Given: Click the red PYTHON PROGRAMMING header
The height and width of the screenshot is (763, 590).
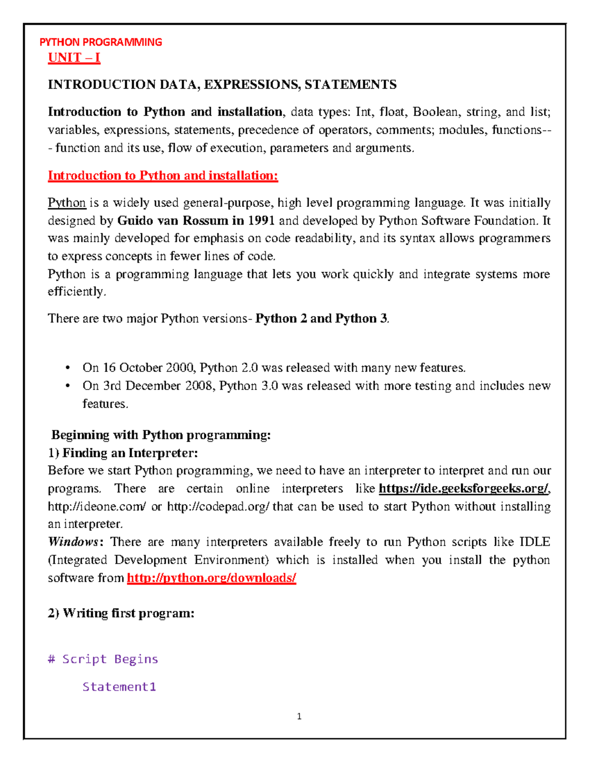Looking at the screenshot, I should pos(101,42).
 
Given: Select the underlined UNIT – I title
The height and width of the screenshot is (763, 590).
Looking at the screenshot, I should pos(74,57).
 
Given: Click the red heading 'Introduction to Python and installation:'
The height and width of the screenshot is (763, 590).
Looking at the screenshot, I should pos(163,176).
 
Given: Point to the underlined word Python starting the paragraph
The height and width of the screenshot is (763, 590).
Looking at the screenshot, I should pos(67,203).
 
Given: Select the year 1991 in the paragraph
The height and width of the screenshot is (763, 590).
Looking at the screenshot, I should pos(261,221).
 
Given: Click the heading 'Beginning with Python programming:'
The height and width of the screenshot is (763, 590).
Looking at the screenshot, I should pos(161,435).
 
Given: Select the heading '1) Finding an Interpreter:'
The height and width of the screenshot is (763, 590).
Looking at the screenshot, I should pos(123,452).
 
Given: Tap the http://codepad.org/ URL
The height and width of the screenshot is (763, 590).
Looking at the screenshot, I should pos(218,507).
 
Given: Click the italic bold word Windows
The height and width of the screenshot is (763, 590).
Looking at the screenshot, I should pos(73,542).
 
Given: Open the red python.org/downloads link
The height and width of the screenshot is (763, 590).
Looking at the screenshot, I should pos(211,578).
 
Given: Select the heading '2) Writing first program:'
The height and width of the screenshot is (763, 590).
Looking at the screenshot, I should pos(121,613).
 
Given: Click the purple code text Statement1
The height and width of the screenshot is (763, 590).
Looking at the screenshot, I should pos(119,686).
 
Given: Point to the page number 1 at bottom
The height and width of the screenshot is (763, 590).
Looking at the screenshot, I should pos(299,717).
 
